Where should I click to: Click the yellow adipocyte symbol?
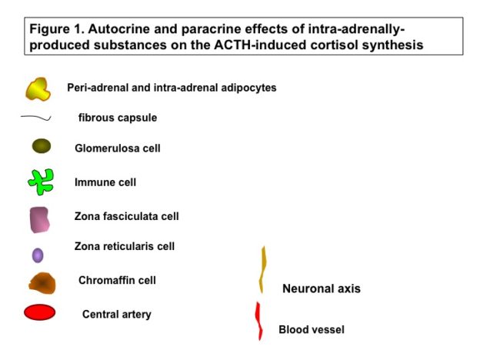[38, 89]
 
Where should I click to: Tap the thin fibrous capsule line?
[36, 117]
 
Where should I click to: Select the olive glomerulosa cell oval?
[42, 145]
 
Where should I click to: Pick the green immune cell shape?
[41, 182]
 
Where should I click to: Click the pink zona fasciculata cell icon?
[39, 220]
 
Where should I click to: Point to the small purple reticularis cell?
[38, 255]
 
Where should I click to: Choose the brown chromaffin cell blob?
[42, 283]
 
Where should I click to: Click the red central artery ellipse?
[40, 312]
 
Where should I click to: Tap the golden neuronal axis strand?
[262, 269]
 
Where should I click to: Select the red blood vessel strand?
[259, 321]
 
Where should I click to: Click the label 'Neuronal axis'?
[322, 288]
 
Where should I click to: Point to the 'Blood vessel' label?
[312, 329]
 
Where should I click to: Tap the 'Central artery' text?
[117, 315]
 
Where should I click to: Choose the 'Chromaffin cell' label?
[117, 280]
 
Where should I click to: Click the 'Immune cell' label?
[105, 182]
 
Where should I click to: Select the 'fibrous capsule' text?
[118, 118]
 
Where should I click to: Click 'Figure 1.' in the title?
[57, 29]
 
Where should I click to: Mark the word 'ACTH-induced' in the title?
[260, 45]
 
